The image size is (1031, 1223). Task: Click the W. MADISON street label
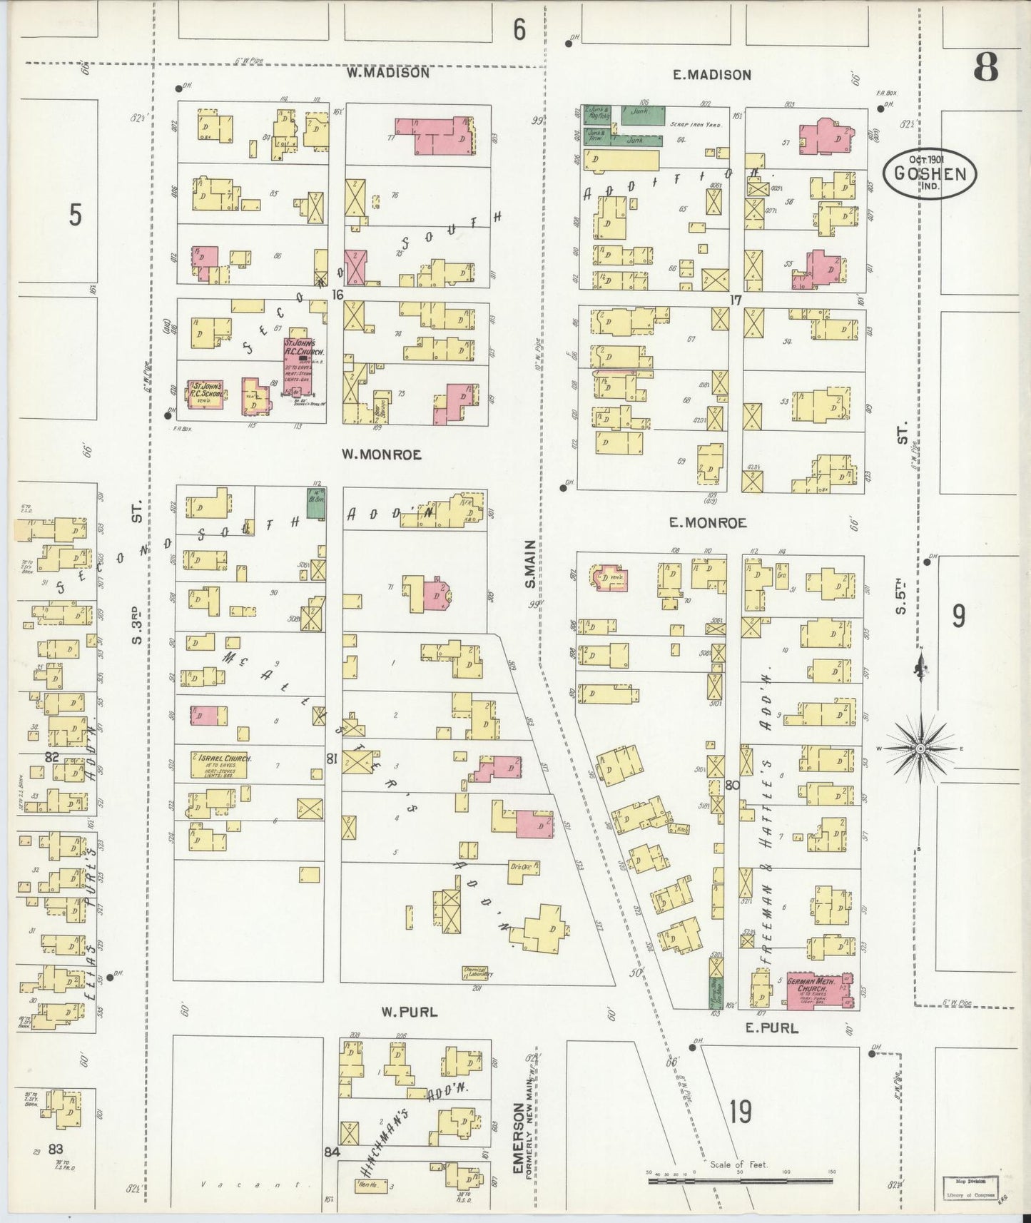click(x=388, y=73)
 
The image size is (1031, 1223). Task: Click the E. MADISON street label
click(x=712, y=75)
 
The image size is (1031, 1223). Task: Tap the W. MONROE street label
click(x=381, y=454)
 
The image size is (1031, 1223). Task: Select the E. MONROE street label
click(x=708, y=523)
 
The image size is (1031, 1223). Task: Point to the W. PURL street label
click(x=409, y=1012)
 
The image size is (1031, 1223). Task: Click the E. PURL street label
click(x=771, y=1028)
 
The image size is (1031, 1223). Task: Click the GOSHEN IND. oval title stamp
click(x=930, y=174)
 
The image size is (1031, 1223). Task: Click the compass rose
click(x=920, y=748)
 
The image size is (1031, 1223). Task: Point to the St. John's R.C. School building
click(x=206, y=395)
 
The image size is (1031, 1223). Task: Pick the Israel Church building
click(x=220, y=764)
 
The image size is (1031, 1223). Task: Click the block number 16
click(x=337, y=294)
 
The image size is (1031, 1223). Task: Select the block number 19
click(x=741, y=1111)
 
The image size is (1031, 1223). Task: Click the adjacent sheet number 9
click(x=958, y=615)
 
